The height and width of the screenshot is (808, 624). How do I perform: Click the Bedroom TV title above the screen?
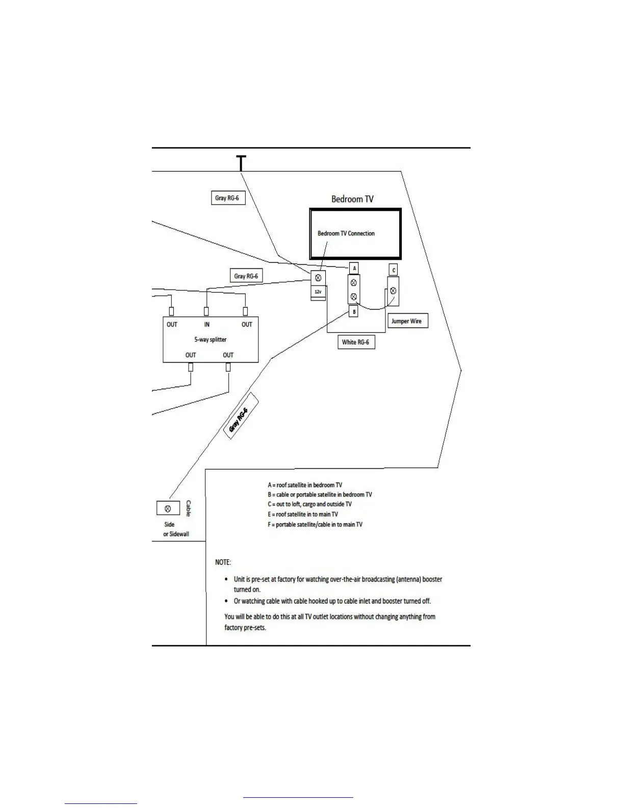pos(352,199)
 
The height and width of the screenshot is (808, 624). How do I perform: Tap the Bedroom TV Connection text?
pos(346,234)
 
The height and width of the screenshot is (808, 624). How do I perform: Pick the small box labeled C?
pos(393,270)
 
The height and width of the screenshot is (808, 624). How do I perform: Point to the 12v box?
pos(318,292)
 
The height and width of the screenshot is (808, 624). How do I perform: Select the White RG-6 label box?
pos(356,342)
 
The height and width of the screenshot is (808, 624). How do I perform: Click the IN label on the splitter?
pos(206,324)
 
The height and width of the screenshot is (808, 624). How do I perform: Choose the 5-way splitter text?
pos(210,340)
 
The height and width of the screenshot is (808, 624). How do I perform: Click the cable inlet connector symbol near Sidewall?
pos(168,508)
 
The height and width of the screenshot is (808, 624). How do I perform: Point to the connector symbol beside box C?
pos(393,291)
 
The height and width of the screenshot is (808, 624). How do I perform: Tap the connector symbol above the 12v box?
pos(318,278)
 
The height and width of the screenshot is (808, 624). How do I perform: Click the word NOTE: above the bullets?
pos(223,562)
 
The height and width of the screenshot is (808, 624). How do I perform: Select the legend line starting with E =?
pos(303,514)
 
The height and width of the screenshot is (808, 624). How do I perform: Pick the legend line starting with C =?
pos(309,504)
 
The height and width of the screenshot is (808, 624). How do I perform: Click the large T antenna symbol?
pos(241,163)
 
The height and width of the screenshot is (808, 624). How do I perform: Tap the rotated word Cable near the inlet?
pos(188,508)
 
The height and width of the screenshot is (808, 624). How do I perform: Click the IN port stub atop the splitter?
pos(206,311)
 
